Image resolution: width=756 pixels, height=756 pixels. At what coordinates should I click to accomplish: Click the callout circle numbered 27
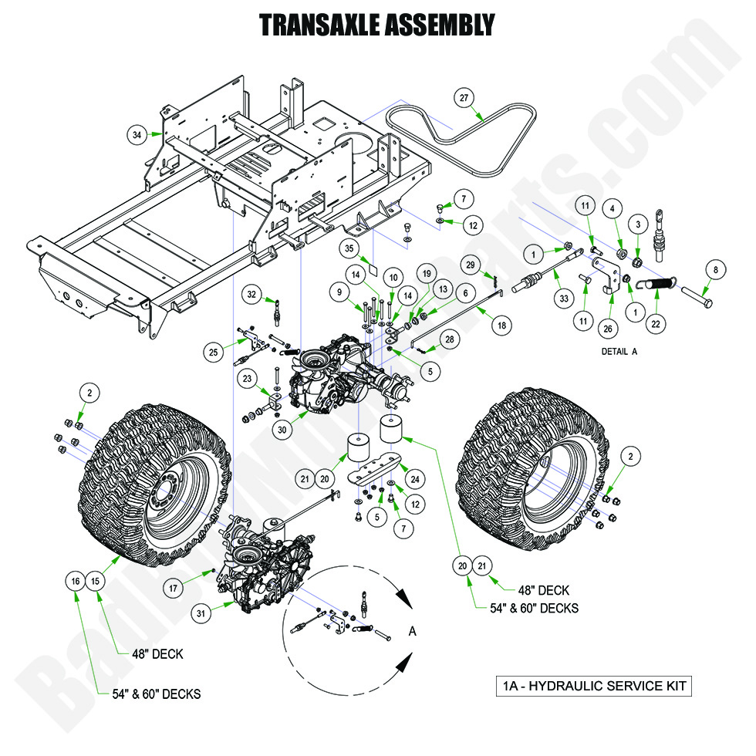point(464,99)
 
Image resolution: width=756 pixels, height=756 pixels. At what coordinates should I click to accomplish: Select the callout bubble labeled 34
point(137,135)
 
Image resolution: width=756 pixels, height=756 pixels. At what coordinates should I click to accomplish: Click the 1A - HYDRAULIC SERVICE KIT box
point(593,686)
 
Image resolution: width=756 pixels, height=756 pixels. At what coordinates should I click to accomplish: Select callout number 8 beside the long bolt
point(715,270)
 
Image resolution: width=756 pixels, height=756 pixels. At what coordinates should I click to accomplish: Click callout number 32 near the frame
point(252,294)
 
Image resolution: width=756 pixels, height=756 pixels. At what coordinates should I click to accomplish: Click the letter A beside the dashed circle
point(412,631)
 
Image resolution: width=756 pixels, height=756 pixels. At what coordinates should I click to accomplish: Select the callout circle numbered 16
point(75,582)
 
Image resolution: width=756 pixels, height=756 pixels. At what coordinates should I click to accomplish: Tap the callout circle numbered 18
point(502,326)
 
